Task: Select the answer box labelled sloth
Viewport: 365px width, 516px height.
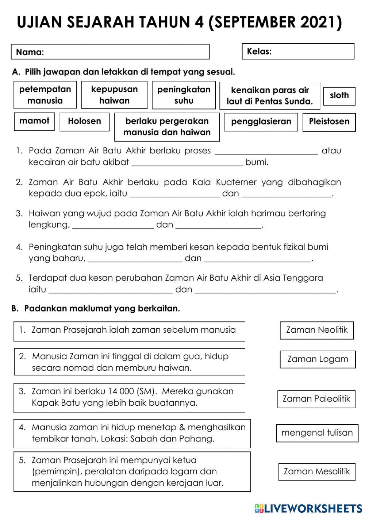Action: (x=339, y=96)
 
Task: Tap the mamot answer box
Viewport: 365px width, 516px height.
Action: (x=34, y=121)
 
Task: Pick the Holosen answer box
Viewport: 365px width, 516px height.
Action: (x=84, y=122)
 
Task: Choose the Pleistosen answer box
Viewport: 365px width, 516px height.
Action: (x=329, y=122)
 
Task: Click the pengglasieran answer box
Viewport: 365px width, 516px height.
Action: (x=261, y=122)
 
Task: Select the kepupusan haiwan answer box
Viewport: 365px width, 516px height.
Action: (x=114, y=95)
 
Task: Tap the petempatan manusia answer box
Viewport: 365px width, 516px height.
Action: (x=45, y=95)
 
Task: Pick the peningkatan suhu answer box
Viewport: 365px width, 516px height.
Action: (x=184, y=95)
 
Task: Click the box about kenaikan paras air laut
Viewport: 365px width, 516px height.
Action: (x=270, y=96)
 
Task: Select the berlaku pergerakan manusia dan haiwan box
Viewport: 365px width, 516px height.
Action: (x=167, y=127)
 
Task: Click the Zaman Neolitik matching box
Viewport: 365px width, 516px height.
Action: (x=317, y=330)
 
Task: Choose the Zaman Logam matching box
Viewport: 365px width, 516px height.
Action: (x=318, y=359)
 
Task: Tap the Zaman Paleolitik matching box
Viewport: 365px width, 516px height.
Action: (x=316, y=399)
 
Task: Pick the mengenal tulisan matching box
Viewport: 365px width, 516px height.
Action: (x=317, y=433)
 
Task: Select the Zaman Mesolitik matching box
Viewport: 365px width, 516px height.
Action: (x=317, y=471)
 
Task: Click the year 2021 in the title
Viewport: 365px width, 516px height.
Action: (x=321, y=23)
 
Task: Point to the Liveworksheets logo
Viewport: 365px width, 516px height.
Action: (x=308, y=508)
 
